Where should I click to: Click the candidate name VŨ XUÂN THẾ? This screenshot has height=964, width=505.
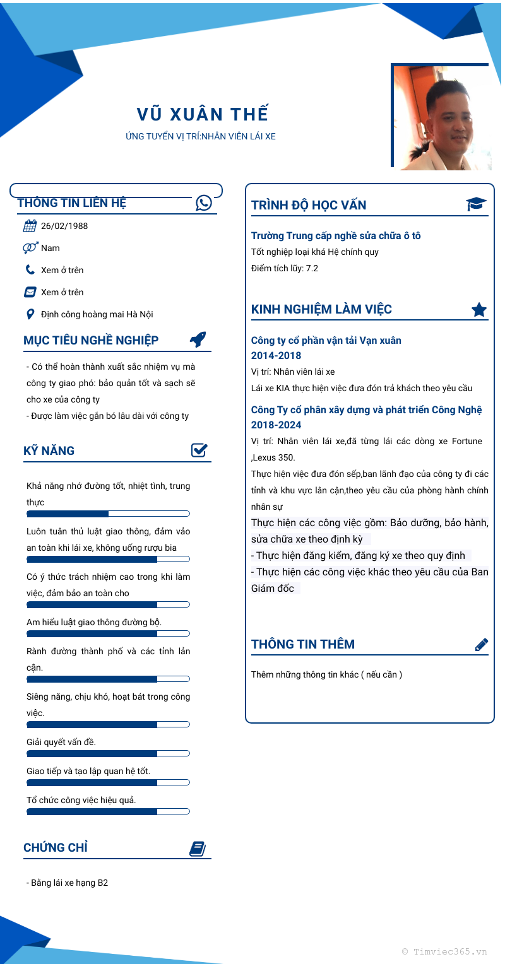point(203,114)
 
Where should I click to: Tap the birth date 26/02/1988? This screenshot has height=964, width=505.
point(64,226)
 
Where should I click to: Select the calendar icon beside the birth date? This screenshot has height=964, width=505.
point(30,226)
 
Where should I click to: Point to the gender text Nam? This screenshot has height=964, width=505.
point(50,248)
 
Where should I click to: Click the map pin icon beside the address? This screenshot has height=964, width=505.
point(30,314)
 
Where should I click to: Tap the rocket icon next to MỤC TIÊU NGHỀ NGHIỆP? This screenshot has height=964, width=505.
point(198,339)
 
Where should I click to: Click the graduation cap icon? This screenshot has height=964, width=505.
point(477,204)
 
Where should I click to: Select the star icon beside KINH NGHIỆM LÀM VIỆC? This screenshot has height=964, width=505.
point(479,309)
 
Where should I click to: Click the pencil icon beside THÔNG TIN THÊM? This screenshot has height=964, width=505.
point(481,644)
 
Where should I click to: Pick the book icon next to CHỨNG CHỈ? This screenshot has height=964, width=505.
point(198,849)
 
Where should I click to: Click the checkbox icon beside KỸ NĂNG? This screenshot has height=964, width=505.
point(199,450)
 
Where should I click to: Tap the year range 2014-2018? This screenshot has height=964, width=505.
point(276,356)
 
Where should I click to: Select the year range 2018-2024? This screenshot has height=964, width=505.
point(276,425)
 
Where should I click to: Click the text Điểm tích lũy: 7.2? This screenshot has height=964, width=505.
point(285,268)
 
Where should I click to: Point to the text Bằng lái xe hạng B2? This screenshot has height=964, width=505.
point(68,883)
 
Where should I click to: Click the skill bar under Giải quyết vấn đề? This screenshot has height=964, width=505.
point(108,753)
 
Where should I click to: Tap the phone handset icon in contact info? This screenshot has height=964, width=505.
point(30,270)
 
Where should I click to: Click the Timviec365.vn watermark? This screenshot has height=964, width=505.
point(444,951)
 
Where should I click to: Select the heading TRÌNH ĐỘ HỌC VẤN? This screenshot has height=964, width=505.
point(309,205)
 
